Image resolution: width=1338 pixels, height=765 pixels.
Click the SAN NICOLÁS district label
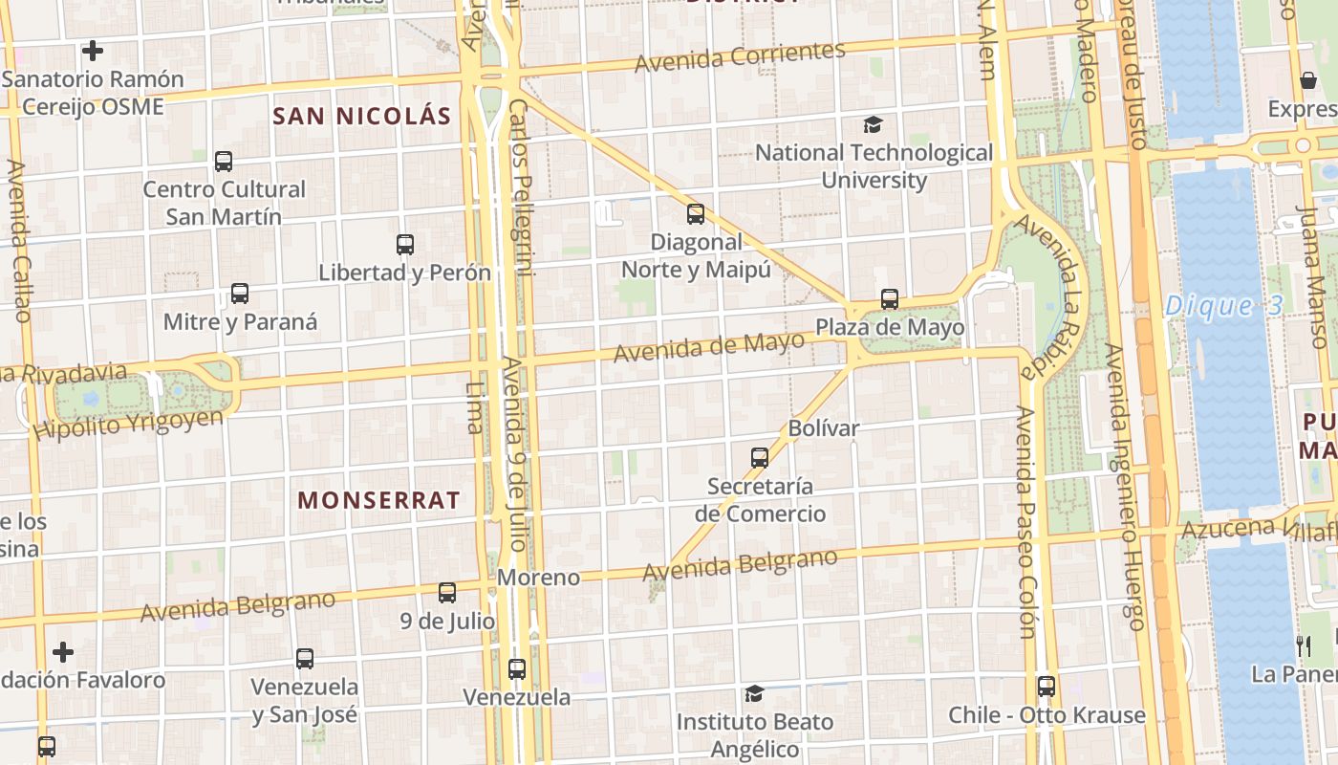coord(361,117)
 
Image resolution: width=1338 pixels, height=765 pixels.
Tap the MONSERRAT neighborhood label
coord(378,500)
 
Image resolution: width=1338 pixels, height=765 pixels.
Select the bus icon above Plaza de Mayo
coord(890,299)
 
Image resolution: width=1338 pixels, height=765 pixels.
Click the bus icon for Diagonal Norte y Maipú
coord(696,213)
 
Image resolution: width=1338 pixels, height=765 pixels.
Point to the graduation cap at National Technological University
coord(873,124)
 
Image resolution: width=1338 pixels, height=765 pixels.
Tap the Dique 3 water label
coord(1210,307)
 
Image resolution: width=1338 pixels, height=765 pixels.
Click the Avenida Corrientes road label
coord(741,57)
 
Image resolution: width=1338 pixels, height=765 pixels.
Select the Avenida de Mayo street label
coord(708,347)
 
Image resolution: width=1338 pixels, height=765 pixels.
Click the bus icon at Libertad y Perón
coord(405,245)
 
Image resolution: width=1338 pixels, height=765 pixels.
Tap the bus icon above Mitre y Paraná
coord(239,294)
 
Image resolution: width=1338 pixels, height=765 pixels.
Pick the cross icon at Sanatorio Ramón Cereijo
coord(93,50)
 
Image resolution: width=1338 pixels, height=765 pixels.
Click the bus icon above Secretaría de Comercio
coord(760,457)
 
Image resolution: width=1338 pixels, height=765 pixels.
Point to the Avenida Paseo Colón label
coord(1025,521)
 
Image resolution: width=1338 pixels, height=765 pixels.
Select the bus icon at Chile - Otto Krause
coord(1047,686)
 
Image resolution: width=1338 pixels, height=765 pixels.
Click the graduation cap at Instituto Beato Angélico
coord(754,693)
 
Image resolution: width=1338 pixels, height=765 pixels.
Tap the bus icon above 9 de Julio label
coord(447,592)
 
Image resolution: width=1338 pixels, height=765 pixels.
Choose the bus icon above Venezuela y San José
coord(305,658)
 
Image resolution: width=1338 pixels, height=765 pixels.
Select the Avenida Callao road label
coord(18,239)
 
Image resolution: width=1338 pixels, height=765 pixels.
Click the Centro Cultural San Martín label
coord(224,203)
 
